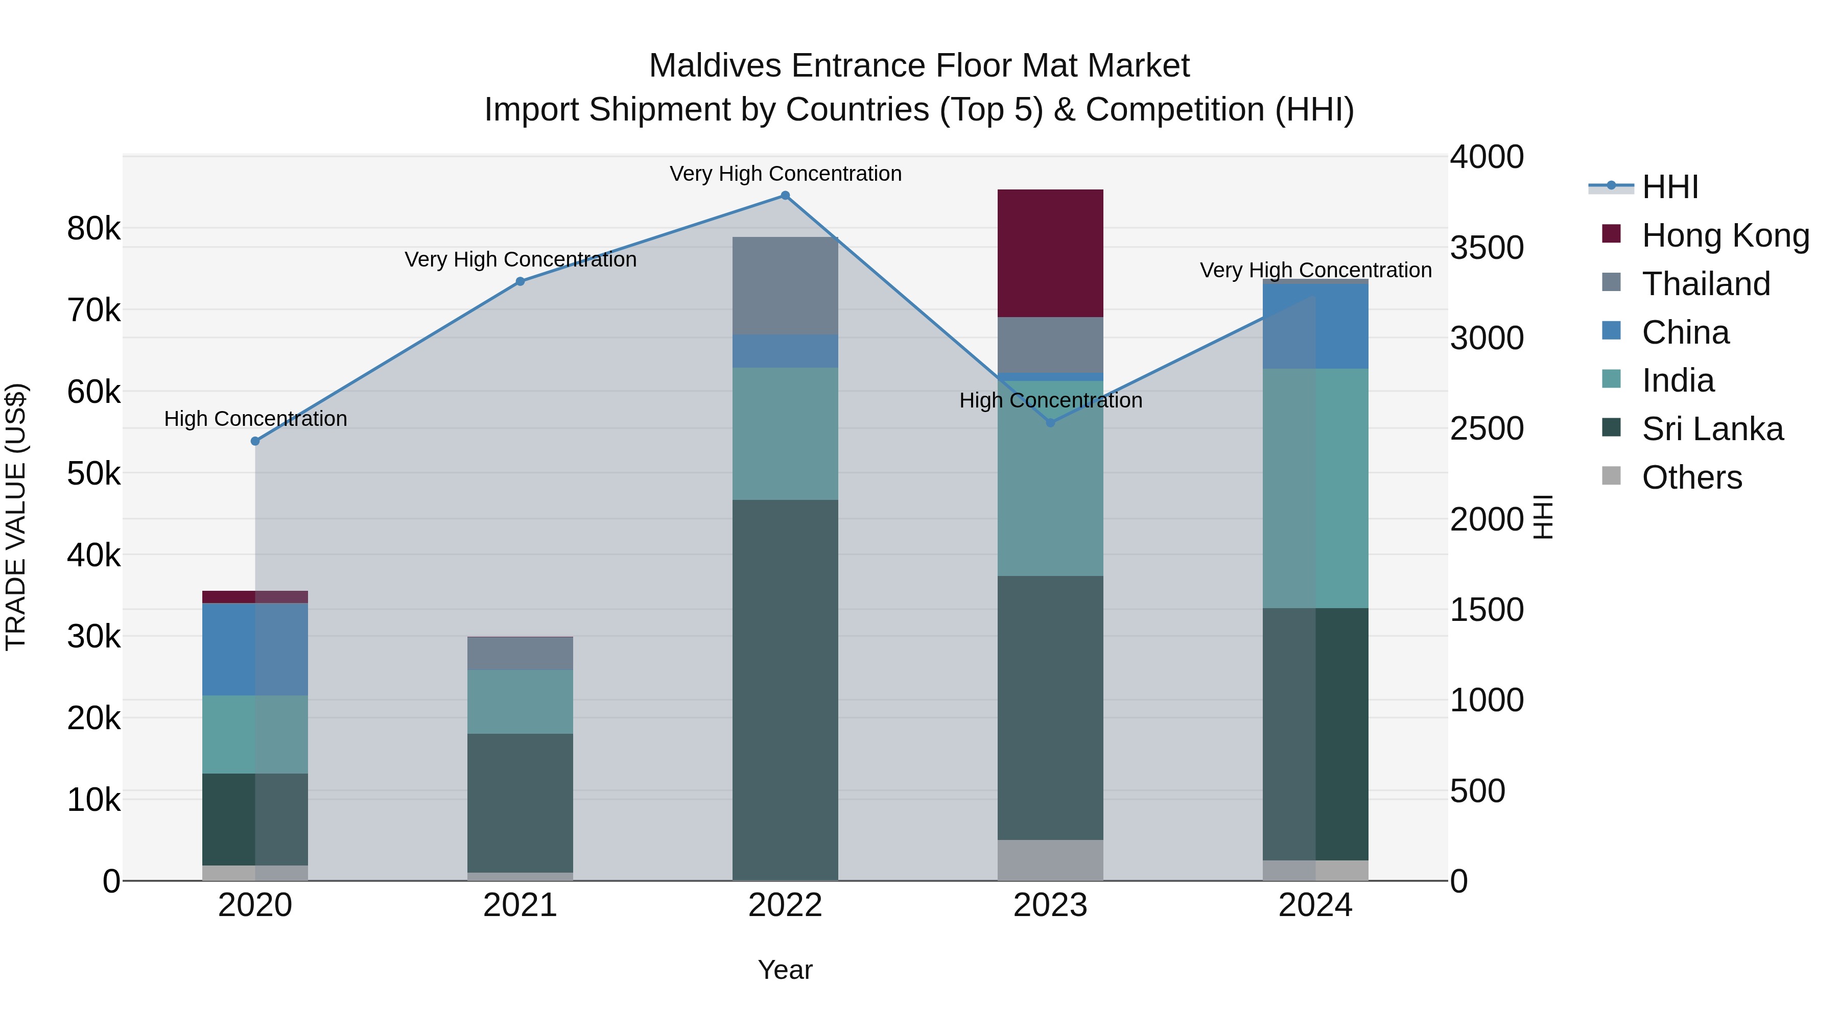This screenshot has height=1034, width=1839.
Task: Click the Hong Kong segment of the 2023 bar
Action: click(x=1050, y=253)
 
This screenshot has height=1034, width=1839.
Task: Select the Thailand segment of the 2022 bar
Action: click(x=785, y=285)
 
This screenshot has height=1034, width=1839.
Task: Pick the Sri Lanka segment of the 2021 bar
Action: click(x=520, y=803)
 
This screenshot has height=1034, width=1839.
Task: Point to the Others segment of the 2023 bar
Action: click(x=1050, y=860)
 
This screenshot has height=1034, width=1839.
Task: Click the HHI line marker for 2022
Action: click(x=785, y=196)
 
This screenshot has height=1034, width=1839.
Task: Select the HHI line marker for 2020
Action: click(x=255, y=441)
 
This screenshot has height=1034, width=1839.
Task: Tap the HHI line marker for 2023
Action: click(x=1050, y=422)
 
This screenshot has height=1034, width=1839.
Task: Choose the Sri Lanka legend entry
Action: click(x=1712, y=429)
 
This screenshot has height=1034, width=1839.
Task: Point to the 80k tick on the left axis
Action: click(x=93, y=229)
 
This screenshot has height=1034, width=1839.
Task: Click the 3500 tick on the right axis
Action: click(x=1487, y=248)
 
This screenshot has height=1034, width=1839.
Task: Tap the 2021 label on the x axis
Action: click(x=520, y=905)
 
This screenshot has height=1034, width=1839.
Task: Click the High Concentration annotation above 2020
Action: click(x=255, y=419)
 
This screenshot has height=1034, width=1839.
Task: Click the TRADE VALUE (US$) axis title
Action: click(x=16, y=517)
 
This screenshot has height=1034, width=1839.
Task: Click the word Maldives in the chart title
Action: click(x=715, y=66)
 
